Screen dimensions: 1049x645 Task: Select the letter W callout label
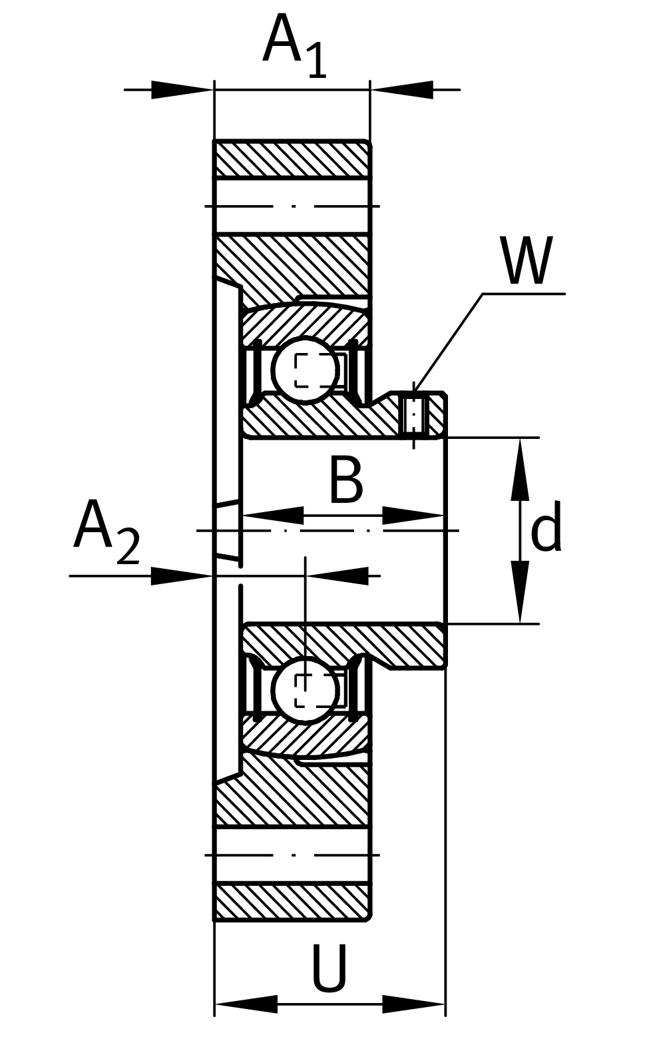527,261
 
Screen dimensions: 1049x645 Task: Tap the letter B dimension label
346,480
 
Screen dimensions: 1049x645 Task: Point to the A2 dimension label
107,533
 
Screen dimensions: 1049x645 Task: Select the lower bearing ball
306,689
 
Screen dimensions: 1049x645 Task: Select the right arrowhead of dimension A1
402,89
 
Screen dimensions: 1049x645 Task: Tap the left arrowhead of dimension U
246,1004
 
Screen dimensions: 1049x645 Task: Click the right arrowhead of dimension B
413,516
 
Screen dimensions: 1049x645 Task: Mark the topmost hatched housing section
292,160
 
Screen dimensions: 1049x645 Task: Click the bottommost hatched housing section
292,902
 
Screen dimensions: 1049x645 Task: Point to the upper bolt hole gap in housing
292,206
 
